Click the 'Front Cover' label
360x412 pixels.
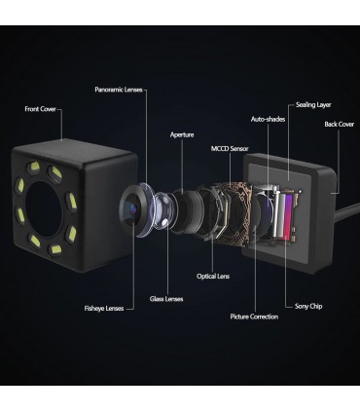point(41,109)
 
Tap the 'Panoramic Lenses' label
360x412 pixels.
point(119,90)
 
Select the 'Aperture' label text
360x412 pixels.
point(182,134)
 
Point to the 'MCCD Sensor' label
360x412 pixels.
point(230,149)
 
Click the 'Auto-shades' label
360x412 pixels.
point(268,119)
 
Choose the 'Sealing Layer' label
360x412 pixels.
point(313,105)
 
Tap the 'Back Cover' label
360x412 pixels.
point(340,124)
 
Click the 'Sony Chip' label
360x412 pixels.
point(308,306)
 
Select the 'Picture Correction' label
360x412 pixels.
point(254,317)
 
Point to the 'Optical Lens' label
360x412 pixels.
point(213,277)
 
